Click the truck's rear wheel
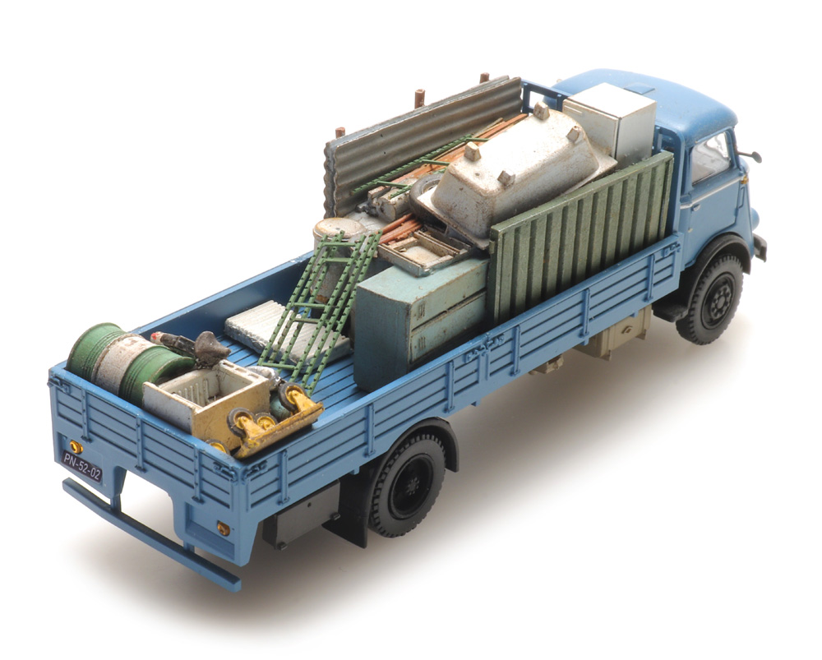click(408, 485)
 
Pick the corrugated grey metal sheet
click(414, 141)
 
